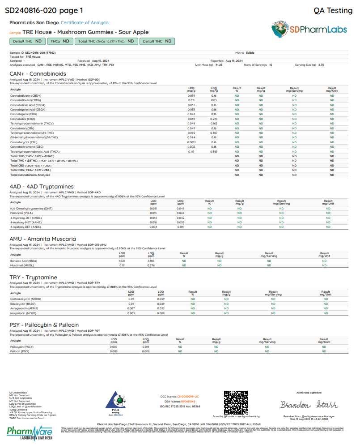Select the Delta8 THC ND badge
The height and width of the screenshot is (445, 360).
(x=157, y=41)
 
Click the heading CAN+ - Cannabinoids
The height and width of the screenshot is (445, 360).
(x=38, y=74)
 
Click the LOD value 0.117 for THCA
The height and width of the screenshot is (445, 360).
(x=191, y=151)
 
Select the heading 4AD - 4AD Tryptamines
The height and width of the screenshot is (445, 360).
(x=42, y=186)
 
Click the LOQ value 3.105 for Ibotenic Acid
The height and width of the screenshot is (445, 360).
(x=151, y=260)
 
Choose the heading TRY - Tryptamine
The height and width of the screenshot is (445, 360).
(x=33, y=278)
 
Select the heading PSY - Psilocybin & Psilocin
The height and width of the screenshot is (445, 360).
(x=44, y=325)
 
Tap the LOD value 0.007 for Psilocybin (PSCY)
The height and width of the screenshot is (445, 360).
(x=114, y=347)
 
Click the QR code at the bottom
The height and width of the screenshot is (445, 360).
(x=235, y=402)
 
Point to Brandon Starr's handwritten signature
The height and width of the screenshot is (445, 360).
(x=301, y=405)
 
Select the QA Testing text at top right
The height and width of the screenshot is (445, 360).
(x=333, y=10)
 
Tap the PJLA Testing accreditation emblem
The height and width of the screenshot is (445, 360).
(x=115, y=402)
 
